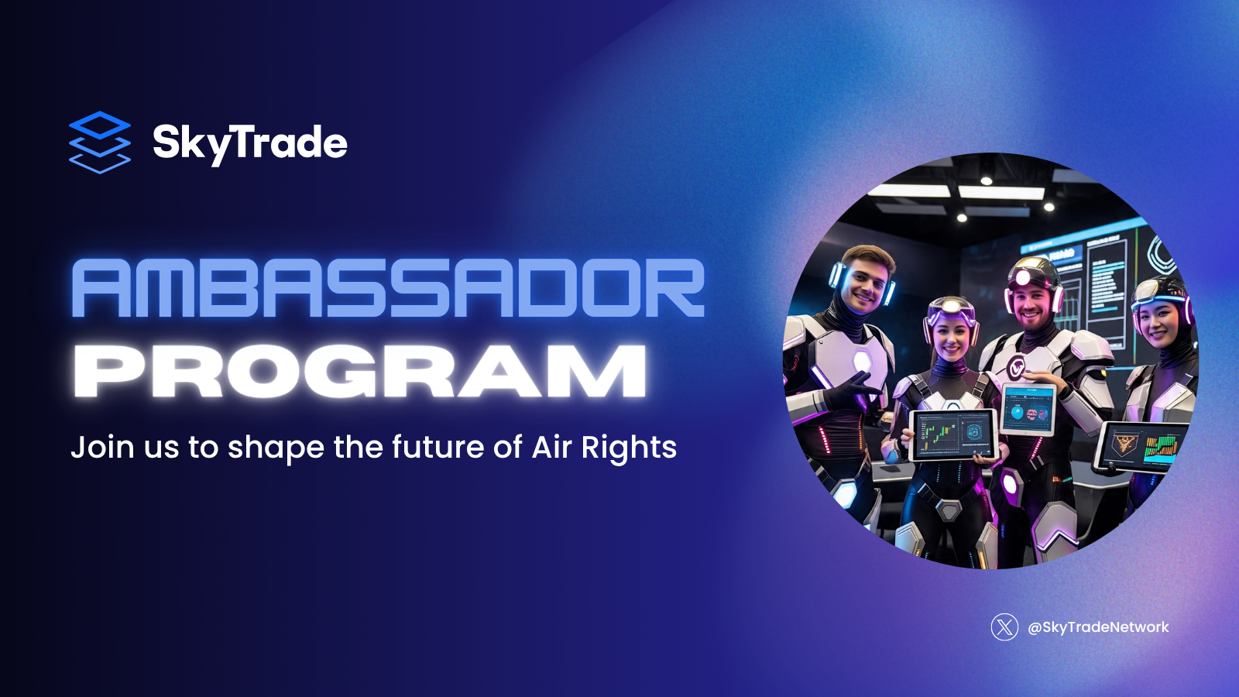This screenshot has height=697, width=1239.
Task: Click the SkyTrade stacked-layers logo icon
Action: (100, 142)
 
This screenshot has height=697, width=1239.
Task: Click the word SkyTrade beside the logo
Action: (249, 143)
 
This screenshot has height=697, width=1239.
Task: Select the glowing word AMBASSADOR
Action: (388, 288)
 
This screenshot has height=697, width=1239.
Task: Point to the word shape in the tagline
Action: (276, 448)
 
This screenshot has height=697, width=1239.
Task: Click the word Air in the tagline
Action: (551, 447)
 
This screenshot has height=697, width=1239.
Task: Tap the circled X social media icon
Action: (1004, 627)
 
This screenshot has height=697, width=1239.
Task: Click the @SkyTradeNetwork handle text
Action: (1098, 627)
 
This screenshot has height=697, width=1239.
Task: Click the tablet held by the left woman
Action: (952, 435)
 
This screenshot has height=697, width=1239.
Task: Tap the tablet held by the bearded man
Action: (1029, 408)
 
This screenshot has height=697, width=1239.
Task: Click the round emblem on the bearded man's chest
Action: (1017, 367)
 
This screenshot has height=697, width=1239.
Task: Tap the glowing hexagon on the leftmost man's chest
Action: (860, 359)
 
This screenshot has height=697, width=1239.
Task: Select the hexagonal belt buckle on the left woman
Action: (949, 510)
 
